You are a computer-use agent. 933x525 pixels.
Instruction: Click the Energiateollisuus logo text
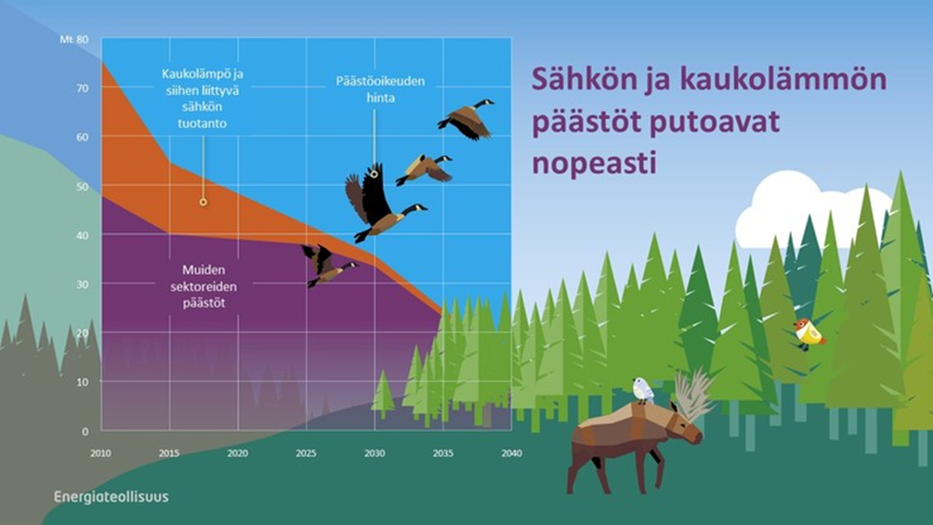(112, 497)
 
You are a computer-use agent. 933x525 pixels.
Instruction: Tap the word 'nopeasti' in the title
(594, 163)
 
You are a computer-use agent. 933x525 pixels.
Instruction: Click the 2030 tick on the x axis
(375, 453)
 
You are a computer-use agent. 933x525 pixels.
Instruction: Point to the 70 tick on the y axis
(82, 88)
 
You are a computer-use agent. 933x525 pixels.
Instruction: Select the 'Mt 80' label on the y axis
(73, 39)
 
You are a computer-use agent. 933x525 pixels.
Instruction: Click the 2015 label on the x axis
(169, 453)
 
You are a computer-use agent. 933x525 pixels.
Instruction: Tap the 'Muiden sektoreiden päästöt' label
(204, 286)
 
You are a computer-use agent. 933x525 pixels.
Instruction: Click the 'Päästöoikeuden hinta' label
(380, 89)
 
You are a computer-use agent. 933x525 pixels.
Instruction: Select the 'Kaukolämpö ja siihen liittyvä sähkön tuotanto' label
(203, 98)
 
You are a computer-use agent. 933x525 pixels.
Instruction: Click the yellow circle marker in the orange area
(204, 203)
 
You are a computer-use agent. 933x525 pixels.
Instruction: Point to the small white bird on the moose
(643, 390)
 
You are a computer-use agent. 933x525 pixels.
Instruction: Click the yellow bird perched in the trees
(809, 334)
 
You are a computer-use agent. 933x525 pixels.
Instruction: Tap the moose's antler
(694, 393)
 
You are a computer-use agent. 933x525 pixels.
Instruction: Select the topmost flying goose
(466, 120)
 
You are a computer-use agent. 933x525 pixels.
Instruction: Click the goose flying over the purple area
(326, 265)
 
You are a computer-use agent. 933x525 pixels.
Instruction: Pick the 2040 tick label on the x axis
(511, 453)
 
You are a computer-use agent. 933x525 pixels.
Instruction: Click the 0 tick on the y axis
(85, 431)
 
